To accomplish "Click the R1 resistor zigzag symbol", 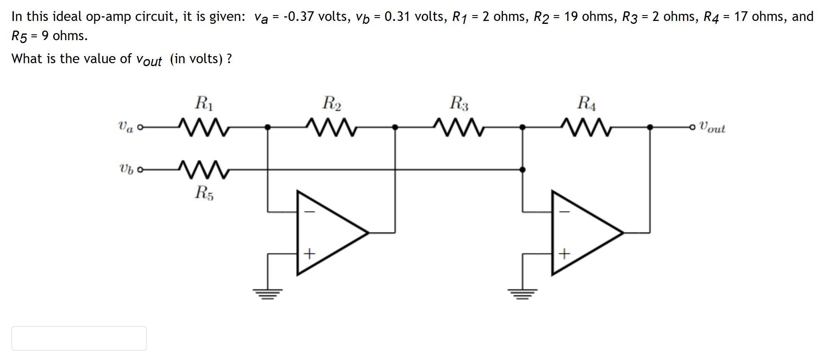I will [204, 127].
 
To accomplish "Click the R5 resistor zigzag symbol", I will [204, 169].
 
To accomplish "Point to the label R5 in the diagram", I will [204, 193].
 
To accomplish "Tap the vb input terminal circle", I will [140, 170].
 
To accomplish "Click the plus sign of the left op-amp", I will [309, 254].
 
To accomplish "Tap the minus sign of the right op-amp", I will [564, 212].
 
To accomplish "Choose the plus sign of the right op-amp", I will [564, 254].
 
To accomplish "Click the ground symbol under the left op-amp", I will [267, 293].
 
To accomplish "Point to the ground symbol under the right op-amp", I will [522, 293].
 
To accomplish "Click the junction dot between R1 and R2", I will [268, 127].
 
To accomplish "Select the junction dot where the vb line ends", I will [522, 170].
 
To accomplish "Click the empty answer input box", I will [79, 338].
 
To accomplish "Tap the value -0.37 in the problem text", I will [299, 17].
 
